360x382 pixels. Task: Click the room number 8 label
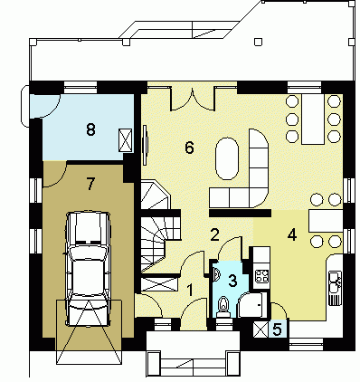point(90,130)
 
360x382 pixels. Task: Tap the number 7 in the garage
point(90,184)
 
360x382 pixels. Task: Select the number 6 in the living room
point(189,148)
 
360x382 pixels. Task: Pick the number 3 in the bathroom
point(232,281)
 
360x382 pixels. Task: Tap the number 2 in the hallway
point(214,234)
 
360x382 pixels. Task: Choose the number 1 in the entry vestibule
point(190,290)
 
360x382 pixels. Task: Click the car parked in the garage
point(88,268)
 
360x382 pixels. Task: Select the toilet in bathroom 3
point(223,306)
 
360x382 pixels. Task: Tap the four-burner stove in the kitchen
point(261,275)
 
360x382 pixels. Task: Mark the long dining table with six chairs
point(313,119)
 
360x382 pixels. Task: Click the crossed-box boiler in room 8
point(126,140)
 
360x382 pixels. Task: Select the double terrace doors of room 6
point(193,99)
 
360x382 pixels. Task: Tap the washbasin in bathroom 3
point(216,274)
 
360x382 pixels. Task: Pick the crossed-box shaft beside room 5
point(261,329)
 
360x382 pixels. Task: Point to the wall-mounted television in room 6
point(146,145)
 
